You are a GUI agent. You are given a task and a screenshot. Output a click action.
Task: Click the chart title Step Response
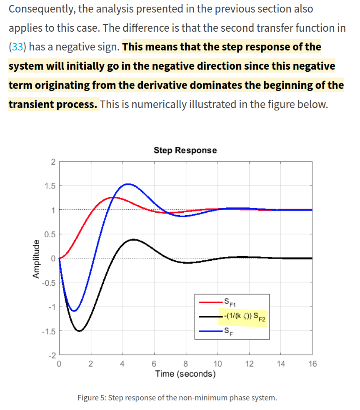click(x=185, y=150)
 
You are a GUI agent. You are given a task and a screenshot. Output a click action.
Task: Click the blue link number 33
click(x=17, y=47)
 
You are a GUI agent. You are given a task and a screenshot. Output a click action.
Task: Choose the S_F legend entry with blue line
click(x=227, y=332)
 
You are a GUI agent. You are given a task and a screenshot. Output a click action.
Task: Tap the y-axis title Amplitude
click(x=37, y=259)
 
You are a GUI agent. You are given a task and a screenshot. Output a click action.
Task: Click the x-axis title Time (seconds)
click(x=185, y=374)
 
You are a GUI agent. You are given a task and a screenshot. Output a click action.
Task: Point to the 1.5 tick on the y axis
click(x=50, y=185)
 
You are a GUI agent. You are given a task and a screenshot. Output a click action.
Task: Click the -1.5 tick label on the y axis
click(x=48, y=332)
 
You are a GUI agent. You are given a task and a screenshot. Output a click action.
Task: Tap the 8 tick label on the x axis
click(x=185, y=364)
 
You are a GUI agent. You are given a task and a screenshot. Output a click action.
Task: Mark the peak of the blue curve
click(x=128, y=184)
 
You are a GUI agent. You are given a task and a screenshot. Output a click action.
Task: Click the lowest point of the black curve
click(x=79, y=331)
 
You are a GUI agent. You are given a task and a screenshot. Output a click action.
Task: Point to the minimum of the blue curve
click(x=74, y=311)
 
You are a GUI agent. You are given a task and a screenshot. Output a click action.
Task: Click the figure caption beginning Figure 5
click(x=177, y=397)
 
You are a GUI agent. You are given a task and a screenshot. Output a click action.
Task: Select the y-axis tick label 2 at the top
click(x=52, y=161)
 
